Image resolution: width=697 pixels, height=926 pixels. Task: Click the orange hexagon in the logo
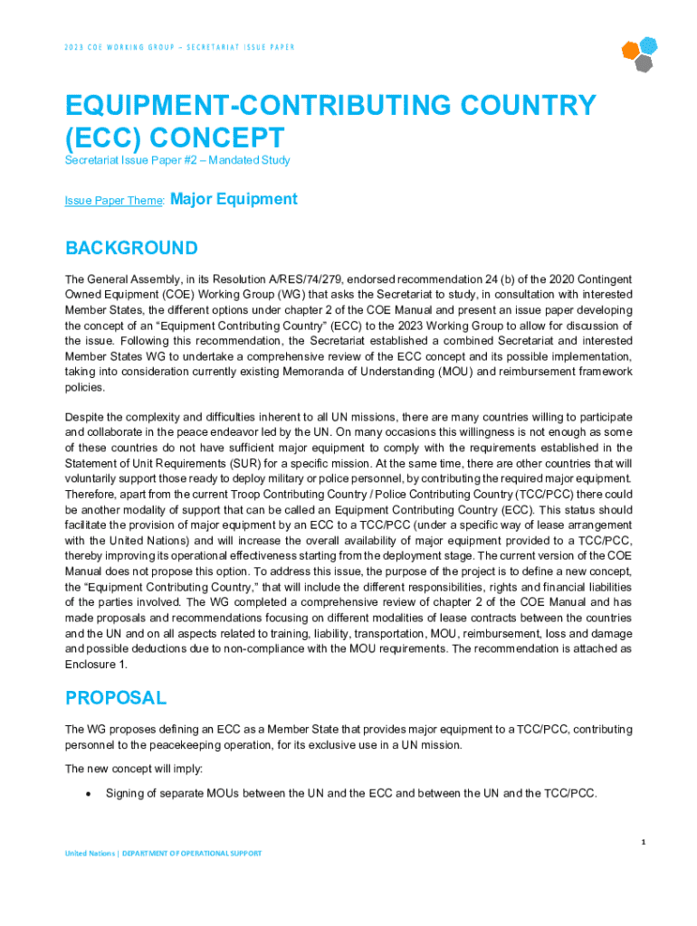click(631, 49)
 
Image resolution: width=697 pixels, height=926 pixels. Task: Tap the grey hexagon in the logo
click(643, 62)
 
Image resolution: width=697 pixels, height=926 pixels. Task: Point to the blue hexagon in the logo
click(648, 44)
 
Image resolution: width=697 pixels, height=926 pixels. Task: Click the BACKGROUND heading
click(131, 248)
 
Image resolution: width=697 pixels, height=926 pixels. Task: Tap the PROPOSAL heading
click(116, 698)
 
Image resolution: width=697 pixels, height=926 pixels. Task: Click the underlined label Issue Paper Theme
click(113, 202)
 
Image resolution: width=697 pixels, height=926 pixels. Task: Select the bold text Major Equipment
click(234, 199)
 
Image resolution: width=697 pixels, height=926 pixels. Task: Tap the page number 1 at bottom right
click(643, 842)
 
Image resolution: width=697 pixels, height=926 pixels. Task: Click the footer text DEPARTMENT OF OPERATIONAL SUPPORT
click(192, 853)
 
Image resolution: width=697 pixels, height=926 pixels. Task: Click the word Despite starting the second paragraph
click(84, 416)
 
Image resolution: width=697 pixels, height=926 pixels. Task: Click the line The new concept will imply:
click(133, 769)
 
